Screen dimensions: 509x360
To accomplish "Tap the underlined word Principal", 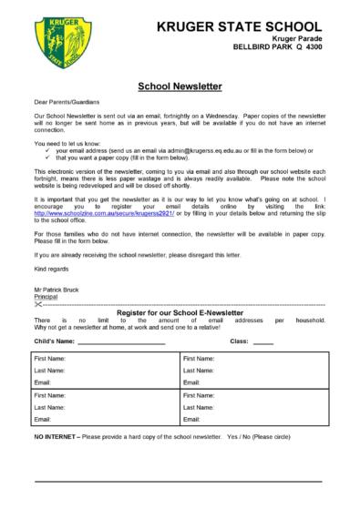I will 47,296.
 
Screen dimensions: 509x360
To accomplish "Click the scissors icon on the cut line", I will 38,304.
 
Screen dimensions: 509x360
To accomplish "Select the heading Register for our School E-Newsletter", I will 180,313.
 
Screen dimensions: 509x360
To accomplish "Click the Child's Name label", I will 55,341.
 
